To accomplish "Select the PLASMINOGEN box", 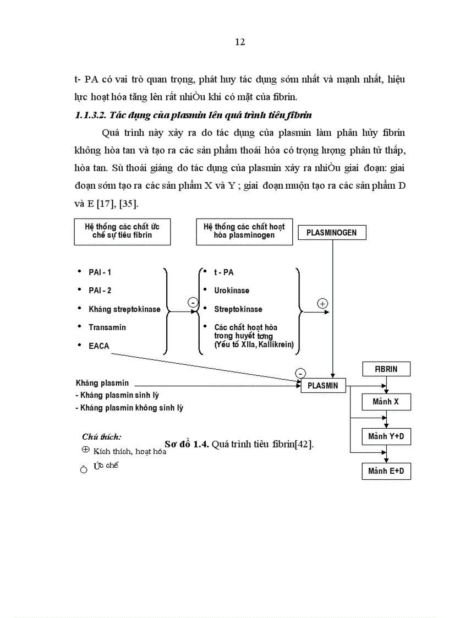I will click(332, 233).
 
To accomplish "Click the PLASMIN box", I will click(323, 386).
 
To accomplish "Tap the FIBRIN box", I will click(386, 369).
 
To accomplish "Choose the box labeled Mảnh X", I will click(386, 402).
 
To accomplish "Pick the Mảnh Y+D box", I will click(386, 437).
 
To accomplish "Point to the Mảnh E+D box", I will click(386, 472).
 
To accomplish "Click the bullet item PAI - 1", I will click(100, 272).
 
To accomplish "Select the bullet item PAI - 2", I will click(100, 291).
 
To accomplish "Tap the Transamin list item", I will click(107, 327).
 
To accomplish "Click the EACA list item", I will click(99, 346).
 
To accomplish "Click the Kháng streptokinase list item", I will click(124, 309).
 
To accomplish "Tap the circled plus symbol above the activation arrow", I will click(323, 303).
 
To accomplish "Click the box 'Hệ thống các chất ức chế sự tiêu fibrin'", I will click(122, 231).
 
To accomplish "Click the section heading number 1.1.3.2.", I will click(90, 115).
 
